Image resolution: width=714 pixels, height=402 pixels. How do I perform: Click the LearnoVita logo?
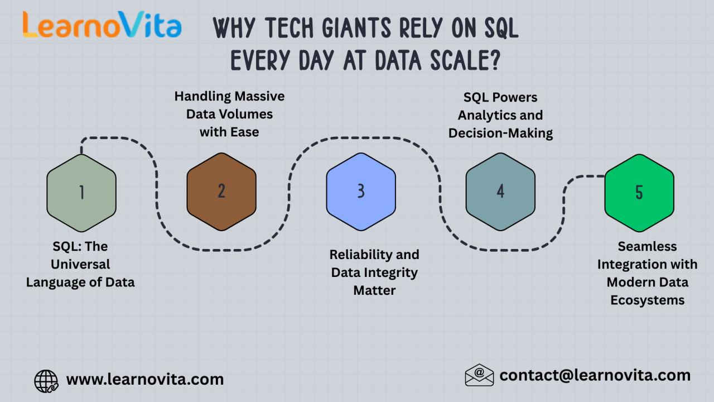(102, 25)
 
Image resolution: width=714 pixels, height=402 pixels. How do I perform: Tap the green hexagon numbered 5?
(639, 193)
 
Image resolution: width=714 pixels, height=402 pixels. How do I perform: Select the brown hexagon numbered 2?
(221, 192)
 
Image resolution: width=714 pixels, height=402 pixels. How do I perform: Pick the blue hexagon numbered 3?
(361, 192)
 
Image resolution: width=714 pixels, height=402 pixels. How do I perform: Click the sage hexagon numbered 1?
(81, 193)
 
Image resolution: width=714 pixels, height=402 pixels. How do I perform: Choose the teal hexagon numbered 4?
(500, 192)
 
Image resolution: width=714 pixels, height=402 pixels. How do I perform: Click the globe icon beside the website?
(46, 381)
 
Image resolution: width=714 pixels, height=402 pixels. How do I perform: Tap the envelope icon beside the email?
(479, 375)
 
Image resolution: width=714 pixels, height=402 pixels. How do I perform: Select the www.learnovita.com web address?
(145, 379)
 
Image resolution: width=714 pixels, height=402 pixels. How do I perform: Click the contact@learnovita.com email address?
(595, 376)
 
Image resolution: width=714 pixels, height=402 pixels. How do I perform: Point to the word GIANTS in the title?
(356, 28)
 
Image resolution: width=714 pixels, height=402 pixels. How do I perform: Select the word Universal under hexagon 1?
(80, 264)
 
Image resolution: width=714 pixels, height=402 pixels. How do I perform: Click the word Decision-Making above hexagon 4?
(500, 133)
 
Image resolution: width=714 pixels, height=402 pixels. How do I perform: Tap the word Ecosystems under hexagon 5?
(648, 300)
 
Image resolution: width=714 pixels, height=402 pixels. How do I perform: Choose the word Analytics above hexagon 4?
(484, 116)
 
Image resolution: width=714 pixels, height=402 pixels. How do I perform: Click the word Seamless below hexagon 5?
(648, 247)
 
